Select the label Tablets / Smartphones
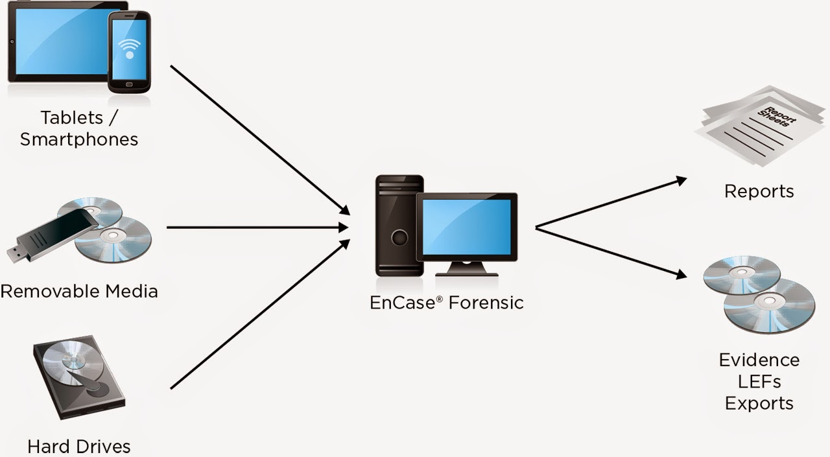point(80,128)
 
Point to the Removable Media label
point(79,291)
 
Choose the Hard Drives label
point(79,446)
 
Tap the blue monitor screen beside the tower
point(466,226)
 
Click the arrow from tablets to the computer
point(259,139)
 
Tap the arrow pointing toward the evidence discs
point(610,253)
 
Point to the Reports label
point(759,191)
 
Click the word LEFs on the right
point(759,381)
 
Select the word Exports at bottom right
point(759,403)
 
